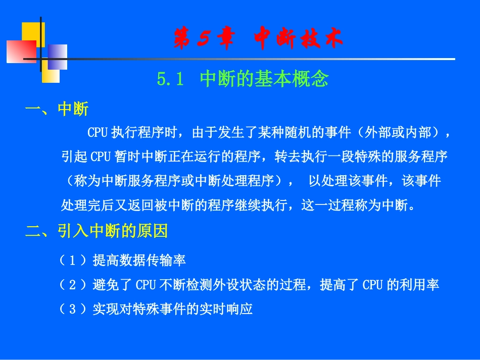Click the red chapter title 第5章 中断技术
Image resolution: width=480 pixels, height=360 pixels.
point(258,38)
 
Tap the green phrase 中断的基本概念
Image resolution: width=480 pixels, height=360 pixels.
point(264,79)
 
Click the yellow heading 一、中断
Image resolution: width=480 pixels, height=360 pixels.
point(57,110)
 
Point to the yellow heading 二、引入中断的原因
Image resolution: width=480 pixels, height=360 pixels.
point(96,232)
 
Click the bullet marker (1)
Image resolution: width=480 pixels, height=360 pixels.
point(74,261)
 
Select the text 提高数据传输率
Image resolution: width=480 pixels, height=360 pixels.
point(139,261)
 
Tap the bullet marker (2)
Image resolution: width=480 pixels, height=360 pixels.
point(74,285)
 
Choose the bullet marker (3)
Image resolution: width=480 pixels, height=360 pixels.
point(74,309)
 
